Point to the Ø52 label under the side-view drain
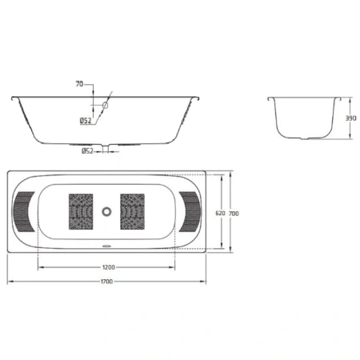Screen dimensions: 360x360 coord(88,150)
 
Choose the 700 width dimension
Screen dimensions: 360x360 coord(234,213)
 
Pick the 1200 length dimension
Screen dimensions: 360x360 coord(108,266)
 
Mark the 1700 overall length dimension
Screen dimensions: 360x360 coord(106,282)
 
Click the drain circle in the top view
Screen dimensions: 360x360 coord(107,212)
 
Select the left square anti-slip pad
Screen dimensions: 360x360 coord(82,211)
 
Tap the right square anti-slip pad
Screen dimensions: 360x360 coord(133,211)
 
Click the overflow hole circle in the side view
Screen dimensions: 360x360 coord(104,106)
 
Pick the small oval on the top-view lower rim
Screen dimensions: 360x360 coord(107,246)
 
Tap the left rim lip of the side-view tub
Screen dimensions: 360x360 coord(13,98)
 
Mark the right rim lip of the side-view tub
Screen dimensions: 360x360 coord(197,98)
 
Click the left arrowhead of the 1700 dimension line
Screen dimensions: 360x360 coord(10,282)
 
